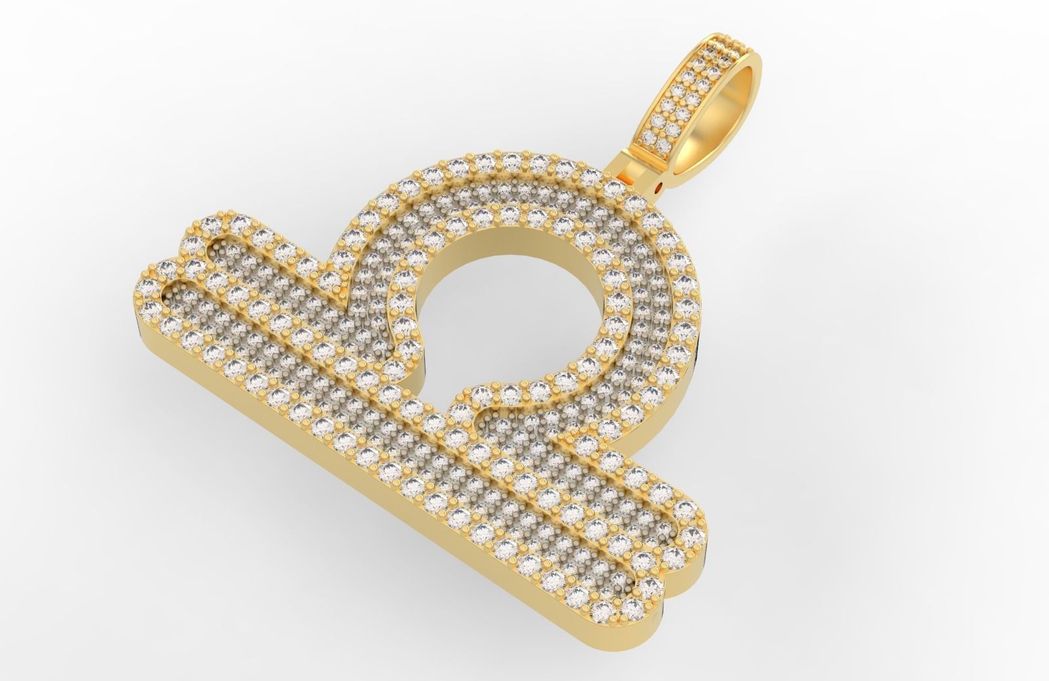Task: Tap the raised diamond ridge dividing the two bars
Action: tap(426, 419)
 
